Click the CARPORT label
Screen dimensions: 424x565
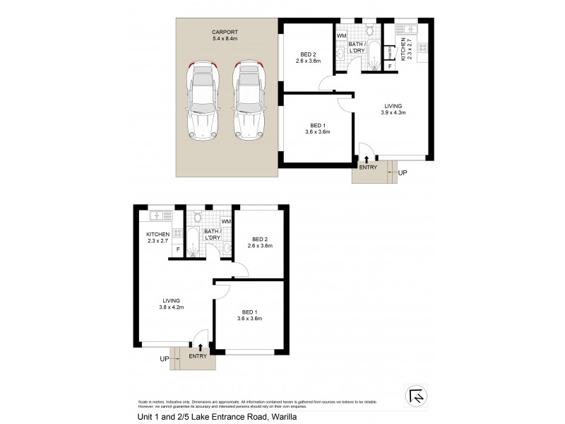coord(226,32)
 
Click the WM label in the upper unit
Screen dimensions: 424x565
coord(341,35)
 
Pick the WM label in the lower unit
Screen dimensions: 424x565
coord(226,222)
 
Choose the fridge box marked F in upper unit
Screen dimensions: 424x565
coord(390,66)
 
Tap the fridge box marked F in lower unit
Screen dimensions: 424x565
coord(178,249)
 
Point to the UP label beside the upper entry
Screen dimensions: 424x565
coord(403,172)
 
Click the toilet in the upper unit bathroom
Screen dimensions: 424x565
coord(369,30)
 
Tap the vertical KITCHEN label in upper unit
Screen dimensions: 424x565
coord(404,50)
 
